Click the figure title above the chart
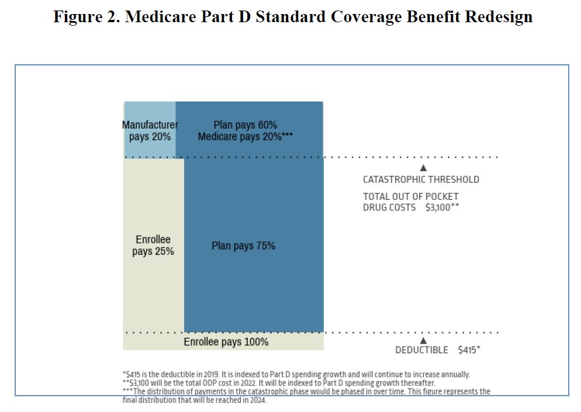[293, 16]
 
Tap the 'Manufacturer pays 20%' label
[150, 130]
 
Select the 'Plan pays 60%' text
[245, 124]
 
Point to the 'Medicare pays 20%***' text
[245, 136]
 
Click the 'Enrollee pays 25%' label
[153, 245]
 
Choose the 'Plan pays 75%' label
[243, 245]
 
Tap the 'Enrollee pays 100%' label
[226, 342]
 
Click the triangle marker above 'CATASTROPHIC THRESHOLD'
[424, 168]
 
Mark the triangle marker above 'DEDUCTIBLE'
[424, 340]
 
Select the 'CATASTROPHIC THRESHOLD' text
[421, 179]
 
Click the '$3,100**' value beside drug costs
[447, 207]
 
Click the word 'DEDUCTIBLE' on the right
[421, 350]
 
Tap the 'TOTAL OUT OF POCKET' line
[410, 196]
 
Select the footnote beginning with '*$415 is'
[296, 375]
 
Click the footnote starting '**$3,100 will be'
[279, 383]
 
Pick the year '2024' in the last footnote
[258, 400]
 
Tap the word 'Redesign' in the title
[499, 16]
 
